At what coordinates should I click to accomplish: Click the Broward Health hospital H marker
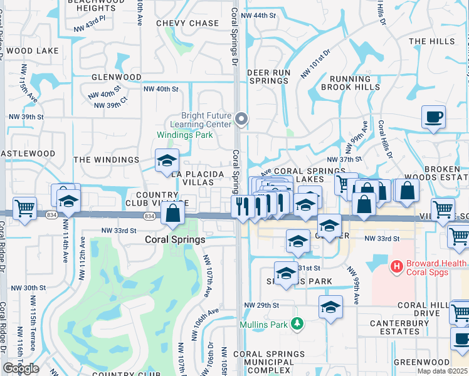pyautogui.click(x=396, y=267)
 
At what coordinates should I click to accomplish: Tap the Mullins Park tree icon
pyautogui.click(x=300, y=324)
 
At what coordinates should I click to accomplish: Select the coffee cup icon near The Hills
pyautogui.click(x=433, y=117)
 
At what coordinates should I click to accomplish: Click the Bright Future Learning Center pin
pyautogui.click(x=242, y=118)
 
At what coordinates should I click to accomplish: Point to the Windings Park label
pyautogui.click(x=184, y=135)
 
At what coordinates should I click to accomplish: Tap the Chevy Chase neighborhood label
pyautogui.click(x=187, y=23)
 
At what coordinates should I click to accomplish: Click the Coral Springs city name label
pyautogui.click(x=175, y=239)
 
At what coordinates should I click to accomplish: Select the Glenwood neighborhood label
pyautogui.click(x=117, y=77)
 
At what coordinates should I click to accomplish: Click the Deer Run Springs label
pyautogui.click(x=268, y=76)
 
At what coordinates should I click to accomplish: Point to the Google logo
pyautogui.click(x=21, y=368)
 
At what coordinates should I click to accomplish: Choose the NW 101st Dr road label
pyautogui.click(x=314, y=65)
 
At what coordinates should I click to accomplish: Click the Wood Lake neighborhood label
pyautogui.click(x=33, y=50)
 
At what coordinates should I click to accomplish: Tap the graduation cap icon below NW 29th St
pyautogui.click(x=330, y=307)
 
